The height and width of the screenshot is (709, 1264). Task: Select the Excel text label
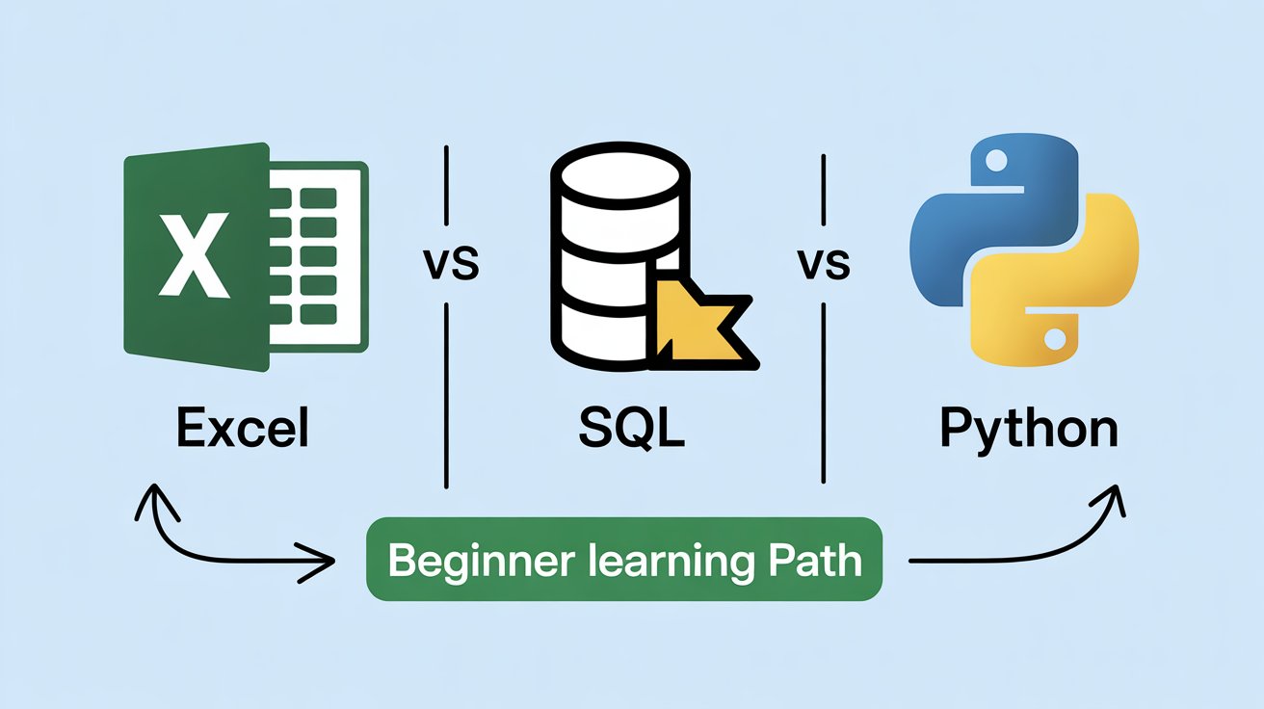(x=244, y=427)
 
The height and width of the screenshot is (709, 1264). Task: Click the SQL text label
(x=631, y=427)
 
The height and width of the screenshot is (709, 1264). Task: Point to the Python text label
(x=1029, y=429)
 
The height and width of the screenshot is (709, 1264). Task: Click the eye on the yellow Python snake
(x=1054, y=338)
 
